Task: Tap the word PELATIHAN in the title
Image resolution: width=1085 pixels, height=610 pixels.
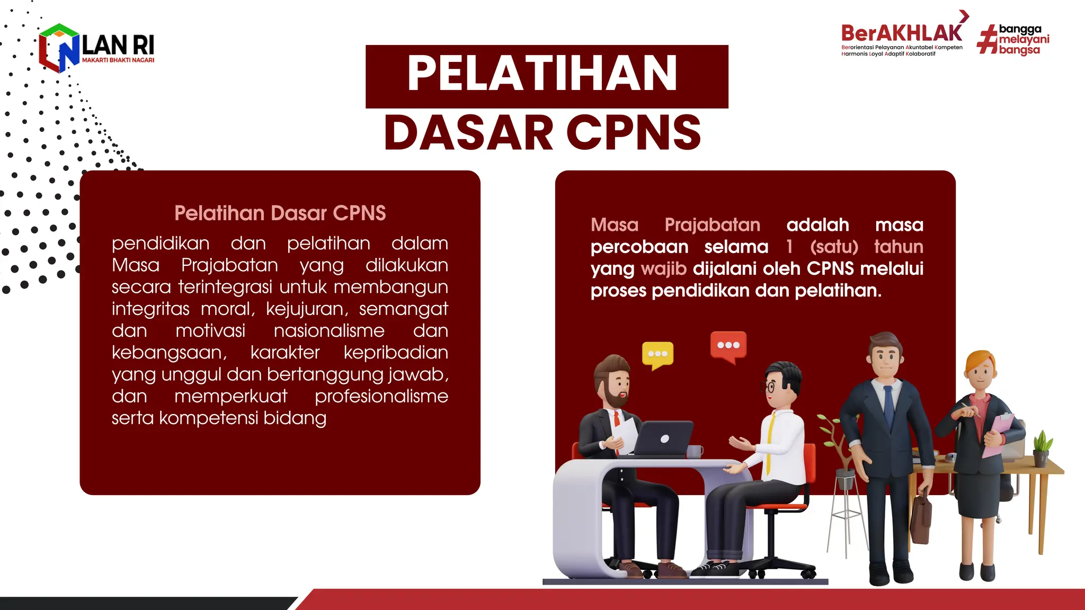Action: pos(542,74)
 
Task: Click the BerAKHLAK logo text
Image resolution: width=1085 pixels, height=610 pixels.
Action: pos(901,33)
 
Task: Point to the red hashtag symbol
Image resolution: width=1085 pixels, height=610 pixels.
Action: pos(986,40)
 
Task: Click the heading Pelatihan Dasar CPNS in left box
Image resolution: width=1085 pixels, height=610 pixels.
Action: pos(280,213)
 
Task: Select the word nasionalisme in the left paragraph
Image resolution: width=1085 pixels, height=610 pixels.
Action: pos(329,330)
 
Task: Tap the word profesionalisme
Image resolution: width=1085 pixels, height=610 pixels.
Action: pos(381,396)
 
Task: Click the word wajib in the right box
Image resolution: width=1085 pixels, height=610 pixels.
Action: pos(663,268)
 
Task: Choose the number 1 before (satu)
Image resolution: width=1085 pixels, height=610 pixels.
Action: pos(789,247)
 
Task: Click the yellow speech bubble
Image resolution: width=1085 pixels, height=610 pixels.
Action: pos(657,355)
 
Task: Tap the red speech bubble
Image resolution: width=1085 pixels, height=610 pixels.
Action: pos(728,346)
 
